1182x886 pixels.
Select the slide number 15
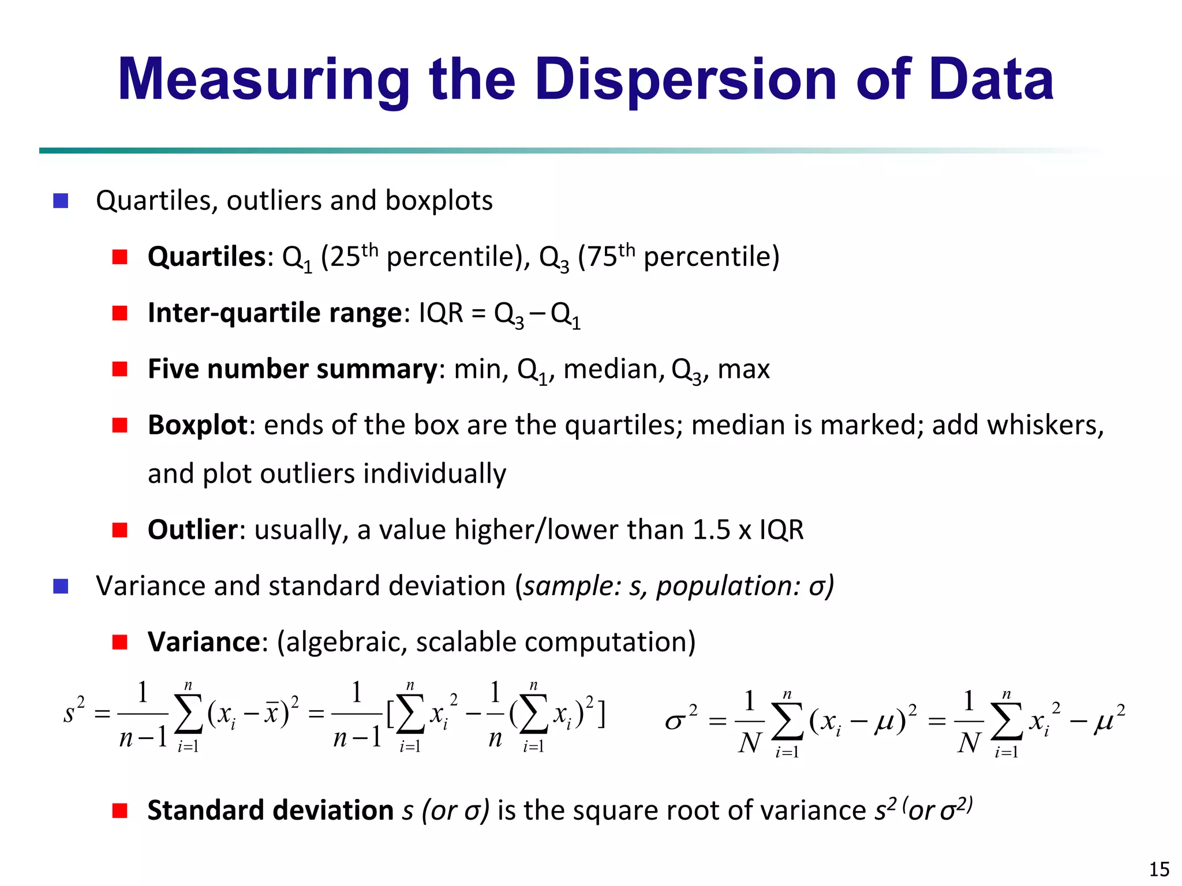coord(1159,869)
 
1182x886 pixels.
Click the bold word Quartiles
coord(206,257)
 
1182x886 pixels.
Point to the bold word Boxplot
coord(197,426)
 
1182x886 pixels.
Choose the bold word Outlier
coord(192,530)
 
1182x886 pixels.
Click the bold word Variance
coord(204,641)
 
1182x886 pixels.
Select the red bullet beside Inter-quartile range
coord(119,313)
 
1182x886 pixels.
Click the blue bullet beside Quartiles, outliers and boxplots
coord(61,201)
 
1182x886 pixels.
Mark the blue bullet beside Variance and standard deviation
coord(61,586)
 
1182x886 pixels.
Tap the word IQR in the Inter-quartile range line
coord(440,313)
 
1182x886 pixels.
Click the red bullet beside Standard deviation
coord(119,810)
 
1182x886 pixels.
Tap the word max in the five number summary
coord(743,369)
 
